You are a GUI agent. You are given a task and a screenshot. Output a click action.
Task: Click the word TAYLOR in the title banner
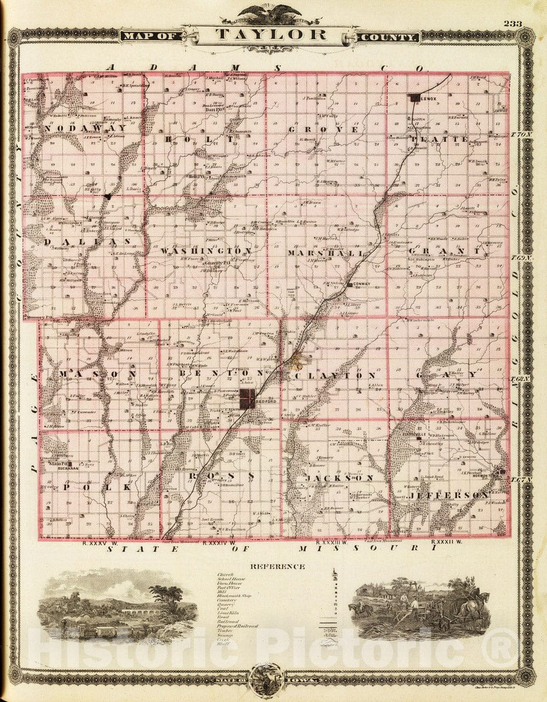click(x=271, y=34)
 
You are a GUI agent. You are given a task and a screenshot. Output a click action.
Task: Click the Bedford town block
click(x=247, y=399)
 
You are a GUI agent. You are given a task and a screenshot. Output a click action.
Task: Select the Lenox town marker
click(x=415, y=98)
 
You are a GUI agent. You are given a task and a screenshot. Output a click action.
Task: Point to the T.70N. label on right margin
click(x=522, y=135)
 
